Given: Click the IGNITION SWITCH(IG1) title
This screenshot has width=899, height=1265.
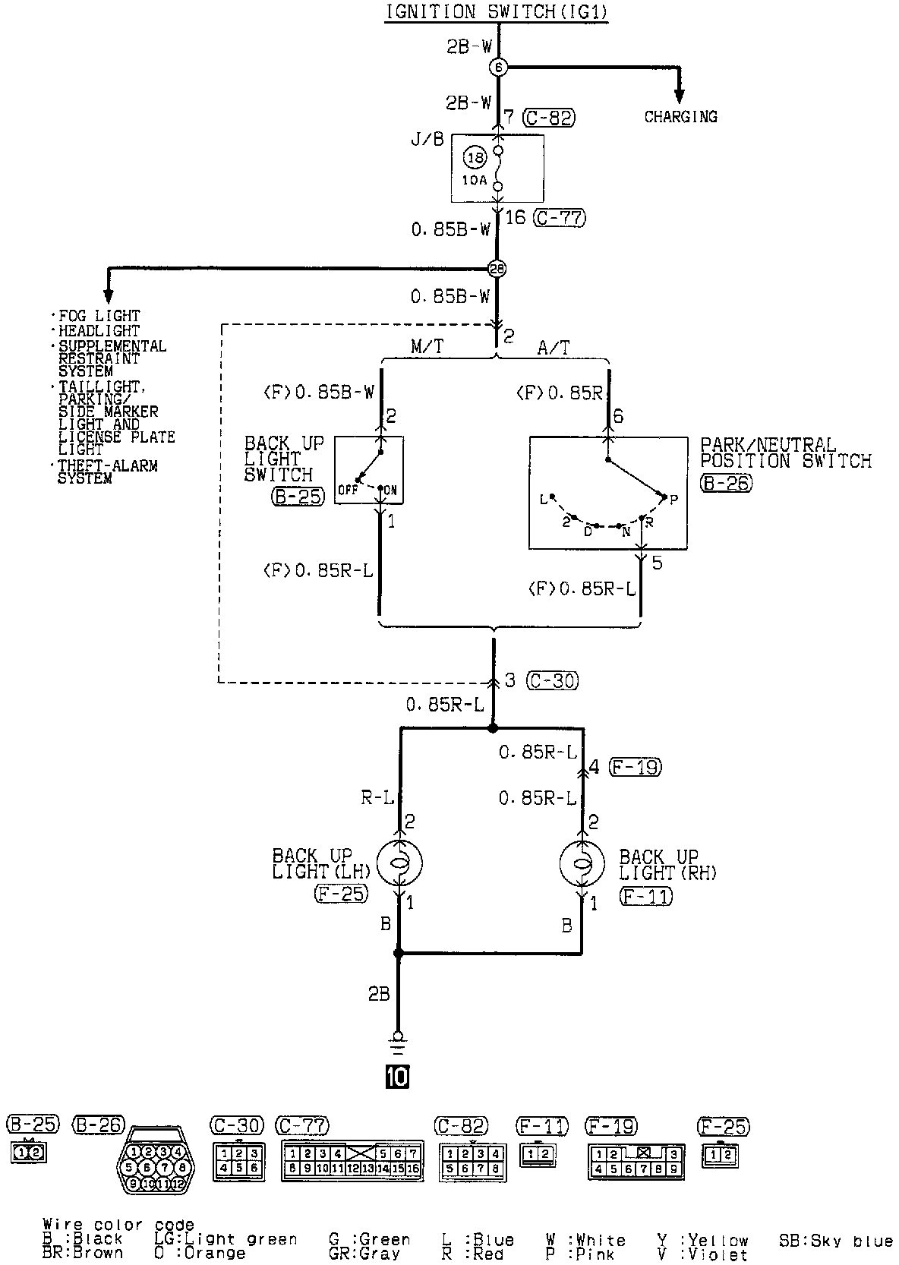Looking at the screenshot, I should (x=497, y=12).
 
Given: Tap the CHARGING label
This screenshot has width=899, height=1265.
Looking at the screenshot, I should (x=680, y=117).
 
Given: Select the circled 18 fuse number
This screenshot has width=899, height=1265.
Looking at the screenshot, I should (x=475, y=159).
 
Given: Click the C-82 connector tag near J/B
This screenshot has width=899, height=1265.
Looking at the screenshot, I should (x=549, y=118).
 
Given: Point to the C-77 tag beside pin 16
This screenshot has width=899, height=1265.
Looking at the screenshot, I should (x=560, y=218).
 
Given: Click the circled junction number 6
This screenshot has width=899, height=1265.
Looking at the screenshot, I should (x=498, y=68).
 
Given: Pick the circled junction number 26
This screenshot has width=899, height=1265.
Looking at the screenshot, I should (x=497, y=269).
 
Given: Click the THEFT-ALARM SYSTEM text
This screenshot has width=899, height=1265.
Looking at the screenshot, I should (x=106, y=472).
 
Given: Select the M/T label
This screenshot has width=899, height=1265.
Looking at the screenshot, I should (x=427, y=348).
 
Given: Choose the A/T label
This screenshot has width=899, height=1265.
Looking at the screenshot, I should (x=554, y=348).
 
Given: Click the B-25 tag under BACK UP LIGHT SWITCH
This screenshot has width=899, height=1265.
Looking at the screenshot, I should (x=297, y=497).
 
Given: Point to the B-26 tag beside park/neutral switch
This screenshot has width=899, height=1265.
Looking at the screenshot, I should (x=726, y=483).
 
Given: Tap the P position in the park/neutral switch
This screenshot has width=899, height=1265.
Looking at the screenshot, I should (x=673, y=499).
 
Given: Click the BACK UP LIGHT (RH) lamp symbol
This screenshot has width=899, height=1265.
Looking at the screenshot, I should (x=582, y=863).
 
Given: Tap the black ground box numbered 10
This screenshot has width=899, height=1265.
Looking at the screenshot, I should (x=397, y=1076).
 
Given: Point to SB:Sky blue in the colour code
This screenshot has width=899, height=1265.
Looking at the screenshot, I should (x=835, y=1241).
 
